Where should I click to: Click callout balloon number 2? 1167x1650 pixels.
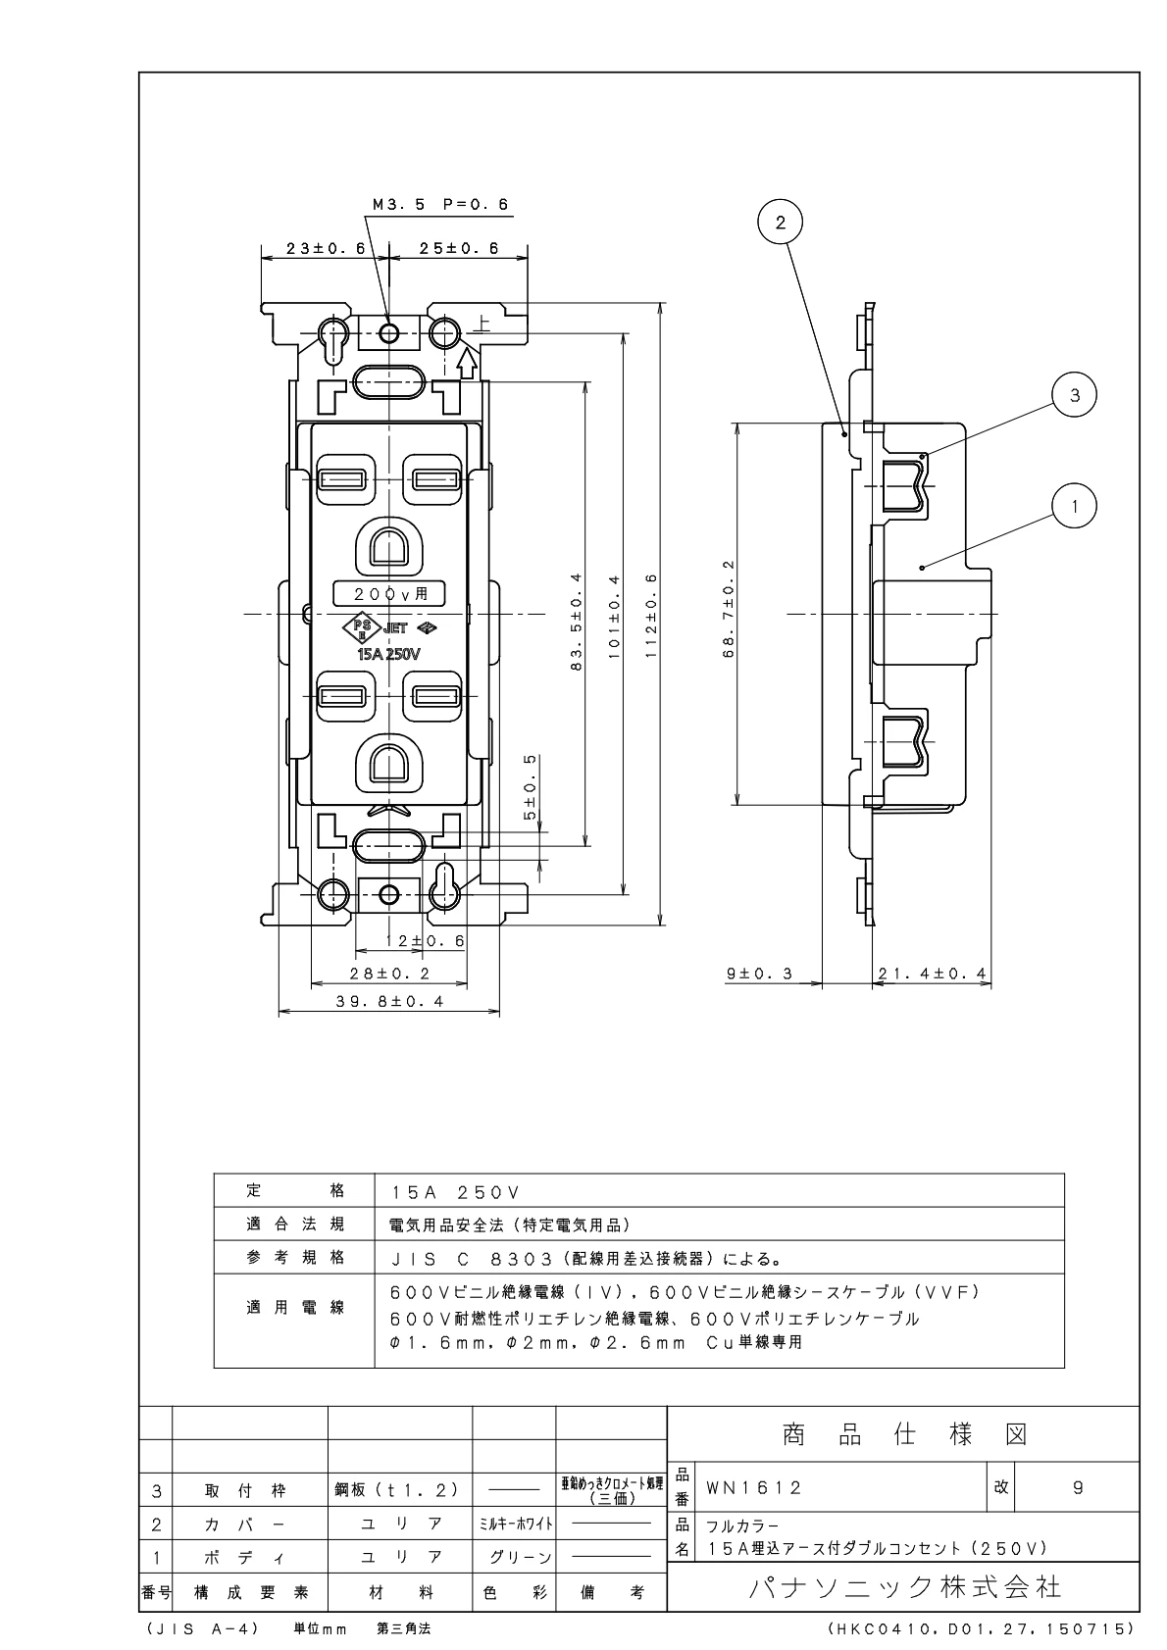(x=781, y=223)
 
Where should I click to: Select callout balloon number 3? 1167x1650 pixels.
(x=1075, y=395)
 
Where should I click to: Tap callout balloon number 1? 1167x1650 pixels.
(x=1075, y=506)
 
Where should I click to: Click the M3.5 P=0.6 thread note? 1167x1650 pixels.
(x=441, y=206)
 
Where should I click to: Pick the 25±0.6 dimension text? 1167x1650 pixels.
(x=459, y=248)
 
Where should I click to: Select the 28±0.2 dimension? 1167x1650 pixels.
(x=390, y=974)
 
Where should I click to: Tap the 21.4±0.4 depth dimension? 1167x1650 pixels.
(x=932, y=974)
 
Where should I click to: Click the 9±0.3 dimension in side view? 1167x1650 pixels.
(x=759, y=974)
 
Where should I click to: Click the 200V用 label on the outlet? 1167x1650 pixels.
(x=389, y=592)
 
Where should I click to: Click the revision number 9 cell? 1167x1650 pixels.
(x=1078, y=1488)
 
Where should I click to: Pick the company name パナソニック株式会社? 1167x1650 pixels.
(x=904, y=1586)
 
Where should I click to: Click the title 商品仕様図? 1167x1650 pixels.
(x=904, y=1435)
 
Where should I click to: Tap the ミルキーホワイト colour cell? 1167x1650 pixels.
(x=514, y=1524)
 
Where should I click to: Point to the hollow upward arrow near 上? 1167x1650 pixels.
(x=468, y=364)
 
